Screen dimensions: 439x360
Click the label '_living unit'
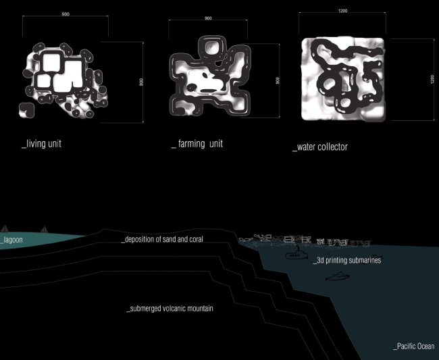[41, 144]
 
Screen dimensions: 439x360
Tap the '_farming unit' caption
[197, 144]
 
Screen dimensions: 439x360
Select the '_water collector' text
[320, 147]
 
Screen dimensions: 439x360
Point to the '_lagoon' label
[11, 240]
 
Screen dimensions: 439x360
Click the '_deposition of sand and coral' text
[162, 239]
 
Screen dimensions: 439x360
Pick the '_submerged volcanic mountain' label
[170, 309]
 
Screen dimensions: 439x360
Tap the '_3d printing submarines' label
[347, 260]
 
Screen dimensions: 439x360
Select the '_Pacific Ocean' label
[414, 346]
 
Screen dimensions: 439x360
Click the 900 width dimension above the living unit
[66, 14]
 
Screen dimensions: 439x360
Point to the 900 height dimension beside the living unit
[141, 82]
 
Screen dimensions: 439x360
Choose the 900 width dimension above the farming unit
[208, 18]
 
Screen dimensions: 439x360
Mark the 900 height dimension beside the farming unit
[278, 80]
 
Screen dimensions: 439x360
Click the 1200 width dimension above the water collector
[342, 11]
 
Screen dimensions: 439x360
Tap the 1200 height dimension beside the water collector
[432, 79]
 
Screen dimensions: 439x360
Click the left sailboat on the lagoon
[5, 228]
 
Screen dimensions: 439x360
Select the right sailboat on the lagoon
[44, 230]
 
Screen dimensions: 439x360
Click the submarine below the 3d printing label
[338, 276]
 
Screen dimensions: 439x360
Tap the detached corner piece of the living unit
[26, 110]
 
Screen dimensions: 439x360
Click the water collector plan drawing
[343, 79]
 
